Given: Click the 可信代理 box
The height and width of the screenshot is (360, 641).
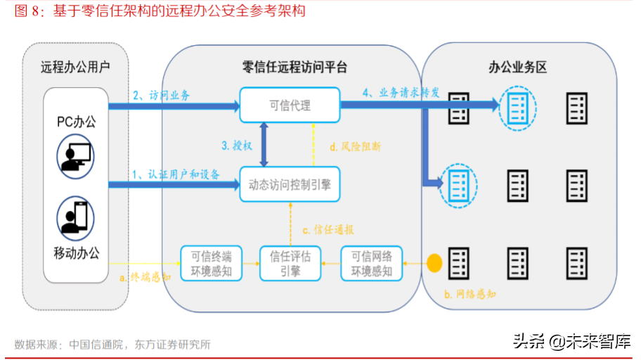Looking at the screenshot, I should [x=289, y=105].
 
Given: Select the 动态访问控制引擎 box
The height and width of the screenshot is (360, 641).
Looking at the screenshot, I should [x=290, y=185].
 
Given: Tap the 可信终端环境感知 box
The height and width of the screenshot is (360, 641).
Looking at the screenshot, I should [x=211, y=262].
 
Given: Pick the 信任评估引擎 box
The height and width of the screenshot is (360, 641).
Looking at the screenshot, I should [x=290, y=262].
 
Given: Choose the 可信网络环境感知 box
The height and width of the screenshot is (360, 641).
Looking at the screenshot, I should [x=371, y=262].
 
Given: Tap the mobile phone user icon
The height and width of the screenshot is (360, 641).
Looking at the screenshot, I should [x=75, y=217].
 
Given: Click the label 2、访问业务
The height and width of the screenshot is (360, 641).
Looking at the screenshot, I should [x=161, y=95].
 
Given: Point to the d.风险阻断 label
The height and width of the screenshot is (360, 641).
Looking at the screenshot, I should [x=356, y=147].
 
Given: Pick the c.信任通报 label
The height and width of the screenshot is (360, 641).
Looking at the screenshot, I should [x=328, y=229].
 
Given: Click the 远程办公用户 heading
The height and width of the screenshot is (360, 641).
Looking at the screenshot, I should [x=75, y=67].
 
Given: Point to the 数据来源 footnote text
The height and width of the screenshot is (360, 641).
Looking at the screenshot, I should [x=112, y=345].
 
